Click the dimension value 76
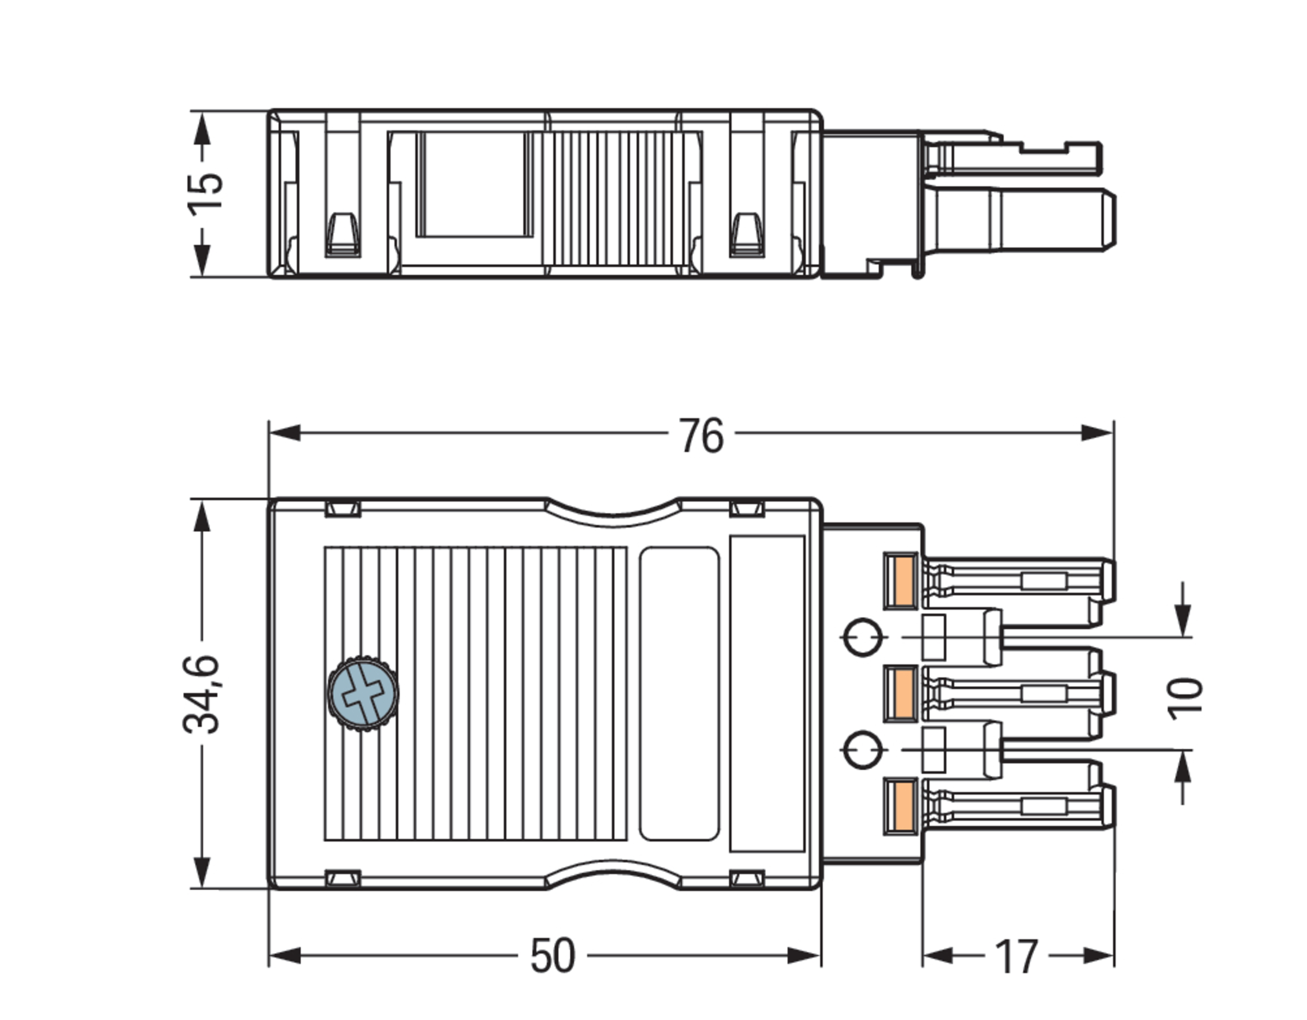point(701,436)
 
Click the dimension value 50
point(552,956)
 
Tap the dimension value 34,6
point(201,694)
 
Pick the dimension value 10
point(1184,699)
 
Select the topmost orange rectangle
point(900,581)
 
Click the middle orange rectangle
point(900,693)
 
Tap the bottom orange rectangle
point(900,806)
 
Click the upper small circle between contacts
point(863,637)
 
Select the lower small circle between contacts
point(863,749)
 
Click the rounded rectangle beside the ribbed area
point(679,693)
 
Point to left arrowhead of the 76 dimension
point(284,433)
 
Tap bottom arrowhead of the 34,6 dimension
point(202,872)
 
